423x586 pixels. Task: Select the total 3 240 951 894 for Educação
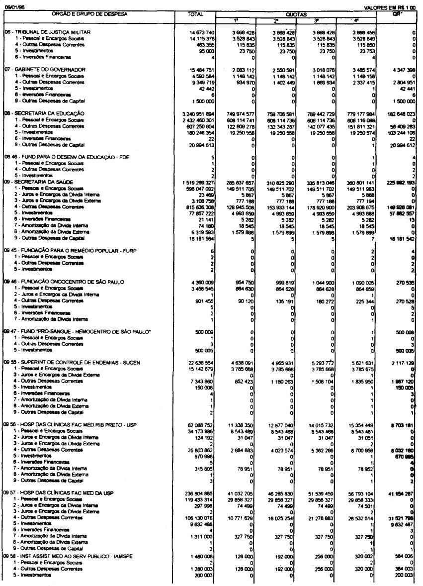point(196,113)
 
